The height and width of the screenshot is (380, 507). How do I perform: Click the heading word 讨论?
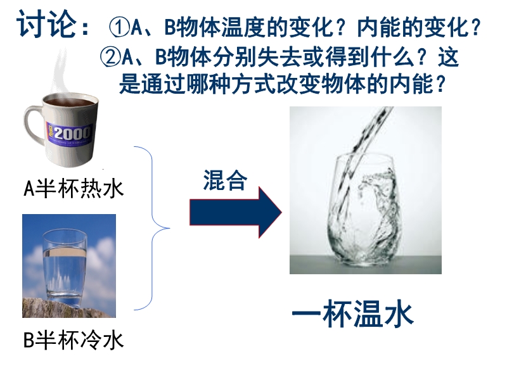pyautogui.click(x=46, y=23)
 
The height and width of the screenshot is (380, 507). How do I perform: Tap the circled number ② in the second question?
pyautogui.click(x=110, y=57)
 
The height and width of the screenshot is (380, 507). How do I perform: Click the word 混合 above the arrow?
pyautogui.click(x=225, y=180)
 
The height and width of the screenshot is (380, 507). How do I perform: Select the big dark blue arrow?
pyautogui.click(x=235, y=212)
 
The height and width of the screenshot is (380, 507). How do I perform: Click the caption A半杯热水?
pyautogui.click(x=74, y=188)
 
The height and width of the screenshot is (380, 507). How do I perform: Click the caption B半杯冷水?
pyautogui.click(x=74, y=339)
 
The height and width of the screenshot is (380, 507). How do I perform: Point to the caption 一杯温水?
pyautogui.click(x=353, y=313)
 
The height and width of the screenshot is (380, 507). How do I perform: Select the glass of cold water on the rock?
pyautogui.click(x=65, y=267)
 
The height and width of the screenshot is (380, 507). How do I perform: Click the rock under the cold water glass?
pyautogui.click(x=68, y=308)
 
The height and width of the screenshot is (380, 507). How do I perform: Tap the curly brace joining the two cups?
pyautogui.click(x=152, y=228)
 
